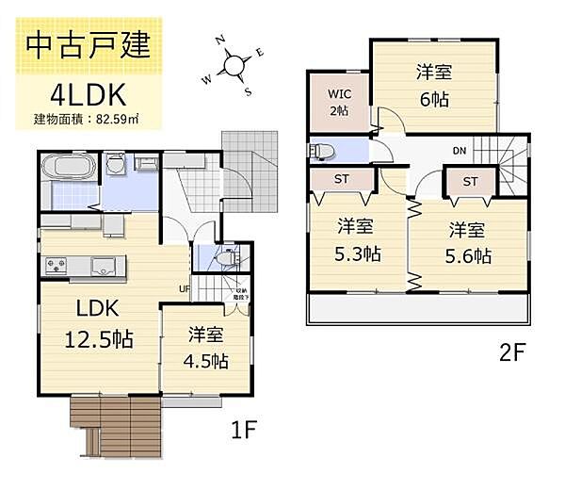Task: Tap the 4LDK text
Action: pos(87,93)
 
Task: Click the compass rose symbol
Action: pos(232,65)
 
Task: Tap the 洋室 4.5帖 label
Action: pos(206,347)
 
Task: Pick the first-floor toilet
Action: pos(224,255)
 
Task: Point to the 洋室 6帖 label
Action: pos(433,86)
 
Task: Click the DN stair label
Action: pos(460,151)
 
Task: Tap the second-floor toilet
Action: pos(323,150)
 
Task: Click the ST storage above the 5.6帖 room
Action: pos(469,181)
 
